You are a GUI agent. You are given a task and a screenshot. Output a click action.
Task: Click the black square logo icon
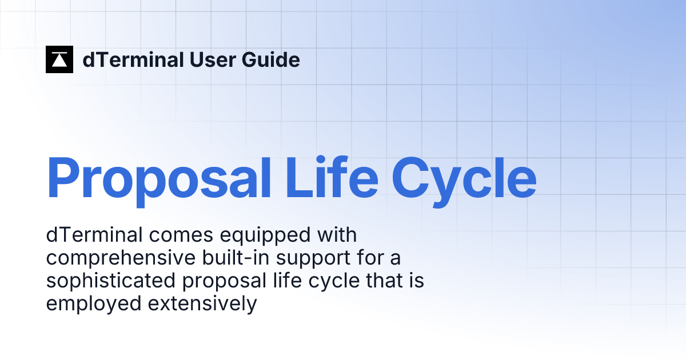[59, 59]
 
